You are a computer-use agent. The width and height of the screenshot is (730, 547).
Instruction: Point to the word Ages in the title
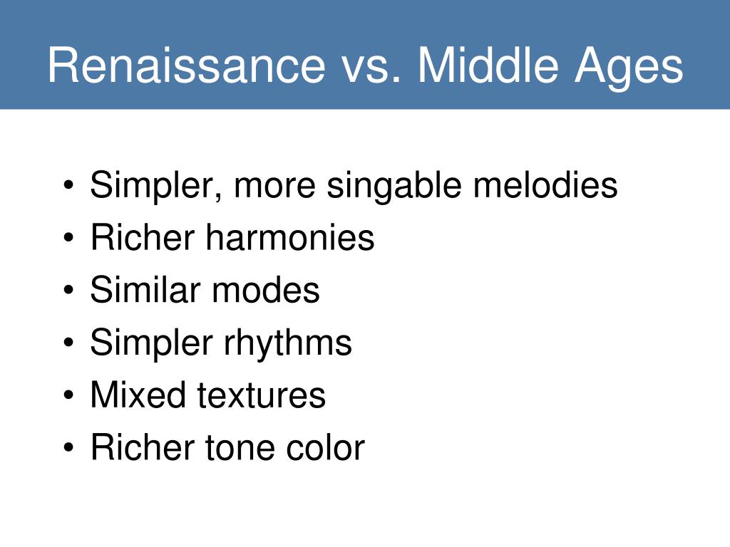(629, 69)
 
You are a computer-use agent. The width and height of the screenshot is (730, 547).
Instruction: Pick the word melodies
(545, 184)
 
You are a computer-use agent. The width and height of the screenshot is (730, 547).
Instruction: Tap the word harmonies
(290, 237)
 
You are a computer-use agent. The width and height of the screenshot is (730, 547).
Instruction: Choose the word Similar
(145, 290)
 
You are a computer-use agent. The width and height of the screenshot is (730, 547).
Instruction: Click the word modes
(266, 290)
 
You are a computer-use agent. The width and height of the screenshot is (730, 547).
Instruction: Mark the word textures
(261, 396)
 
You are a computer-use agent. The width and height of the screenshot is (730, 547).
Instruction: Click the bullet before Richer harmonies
(68, 238)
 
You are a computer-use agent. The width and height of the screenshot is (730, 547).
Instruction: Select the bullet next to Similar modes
(68, 291)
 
